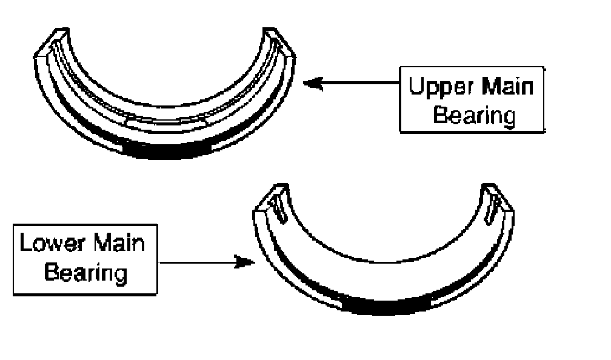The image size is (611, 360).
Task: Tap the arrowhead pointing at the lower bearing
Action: (x=245, y=262)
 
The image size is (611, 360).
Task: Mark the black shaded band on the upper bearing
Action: (x=166, y=150)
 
